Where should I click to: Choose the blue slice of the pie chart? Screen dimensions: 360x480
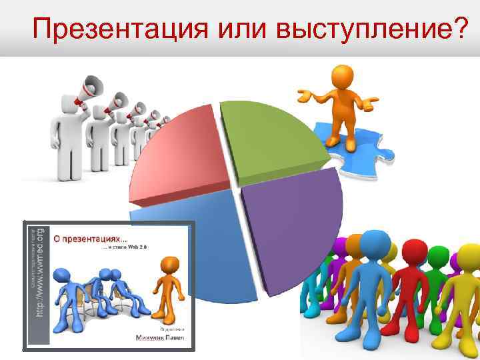click(x=200, y=247)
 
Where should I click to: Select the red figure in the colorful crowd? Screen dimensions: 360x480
click(x=413, y=293)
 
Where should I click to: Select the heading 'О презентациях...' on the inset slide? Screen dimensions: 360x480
click(x=100, y=236)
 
